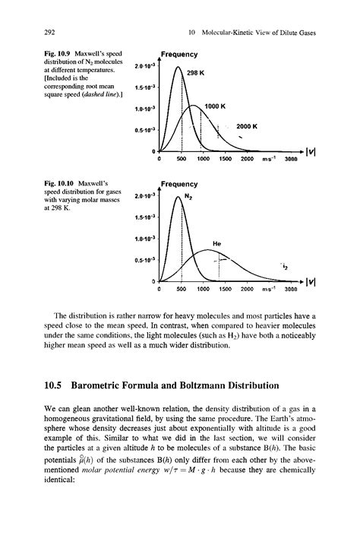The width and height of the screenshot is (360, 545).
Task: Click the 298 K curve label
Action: tap(197, 74)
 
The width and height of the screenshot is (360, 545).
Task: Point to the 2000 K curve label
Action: tap(248, 126)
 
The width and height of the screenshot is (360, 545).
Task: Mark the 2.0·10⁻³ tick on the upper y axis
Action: tap(144, 68)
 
